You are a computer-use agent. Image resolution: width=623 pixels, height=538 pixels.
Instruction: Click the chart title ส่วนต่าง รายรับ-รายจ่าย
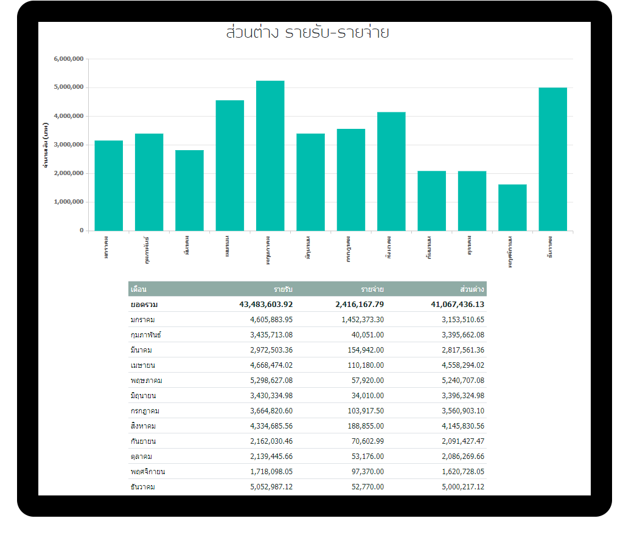(307, 33)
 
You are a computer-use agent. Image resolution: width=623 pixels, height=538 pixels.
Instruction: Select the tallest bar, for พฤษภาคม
(270, 156)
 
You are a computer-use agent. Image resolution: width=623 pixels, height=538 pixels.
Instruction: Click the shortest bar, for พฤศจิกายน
(512, 207)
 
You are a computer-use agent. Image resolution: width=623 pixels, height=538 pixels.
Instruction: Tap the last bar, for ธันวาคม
(552, 159)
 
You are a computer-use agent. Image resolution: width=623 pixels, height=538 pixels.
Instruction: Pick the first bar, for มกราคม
(109, 185)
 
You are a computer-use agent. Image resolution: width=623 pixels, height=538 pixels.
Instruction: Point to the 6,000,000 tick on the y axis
(69, 59)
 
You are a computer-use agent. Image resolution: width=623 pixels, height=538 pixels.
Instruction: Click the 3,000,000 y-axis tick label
(69, 145)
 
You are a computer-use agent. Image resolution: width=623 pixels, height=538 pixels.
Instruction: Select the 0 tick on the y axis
(81, 230)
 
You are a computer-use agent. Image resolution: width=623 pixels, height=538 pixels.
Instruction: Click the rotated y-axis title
(46, 145)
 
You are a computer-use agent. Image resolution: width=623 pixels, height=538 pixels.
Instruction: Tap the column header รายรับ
(283, 289)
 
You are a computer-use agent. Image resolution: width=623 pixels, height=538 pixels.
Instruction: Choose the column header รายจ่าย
(372, 289)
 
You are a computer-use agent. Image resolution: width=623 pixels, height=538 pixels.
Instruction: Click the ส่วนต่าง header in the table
(472, 289)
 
